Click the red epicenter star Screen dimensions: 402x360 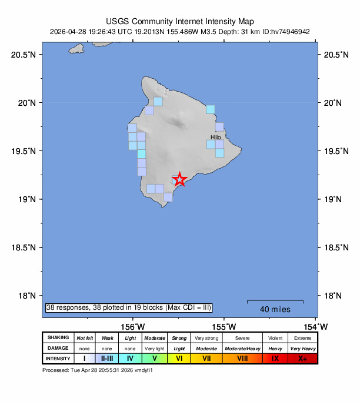(180, 180)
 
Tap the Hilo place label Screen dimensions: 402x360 (216, 137)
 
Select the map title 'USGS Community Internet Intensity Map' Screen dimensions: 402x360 (179, 21)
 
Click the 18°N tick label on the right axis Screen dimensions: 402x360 (334, 296)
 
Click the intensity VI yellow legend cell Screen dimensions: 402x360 (179, 359)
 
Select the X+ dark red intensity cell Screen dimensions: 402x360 (302, 359)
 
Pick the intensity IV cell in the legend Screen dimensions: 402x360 (130, 359)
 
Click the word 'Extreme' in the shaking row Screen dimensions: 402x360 (302, 338)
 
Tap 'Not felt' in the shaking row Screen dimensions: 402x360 (85, 338)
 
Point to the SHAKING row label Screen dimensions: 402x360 (58, 338)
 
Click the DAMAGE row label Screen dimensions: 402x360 (58, 348)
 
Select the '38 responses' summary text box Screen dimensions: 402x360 (128, 307)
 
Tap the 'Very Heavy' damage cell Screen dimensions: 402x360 (302, 348)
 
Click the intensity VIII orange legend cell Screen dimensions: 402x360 (243, 359)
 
